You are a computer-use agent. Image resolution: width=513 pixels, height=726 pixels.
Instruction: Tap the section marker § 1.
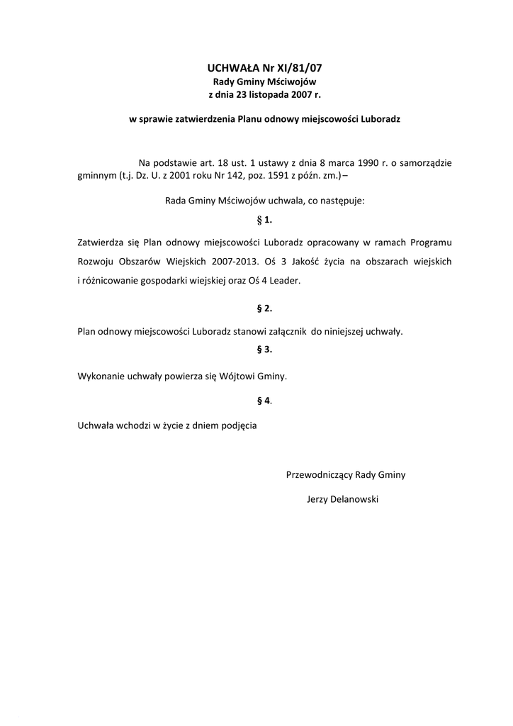(264, 220)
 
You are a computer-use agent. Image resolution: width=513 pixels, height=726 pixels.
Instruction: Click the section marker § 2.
(264, 308)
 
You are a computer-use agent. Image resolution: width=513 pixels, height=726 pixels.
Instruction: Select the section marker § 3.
(264, 350)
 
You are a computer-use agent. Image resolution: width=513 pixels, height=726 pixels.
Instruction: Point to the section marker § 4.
(264, 401)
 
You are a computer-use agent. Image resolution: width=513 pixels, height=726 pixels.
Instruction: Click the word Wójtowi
(246, 376)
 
